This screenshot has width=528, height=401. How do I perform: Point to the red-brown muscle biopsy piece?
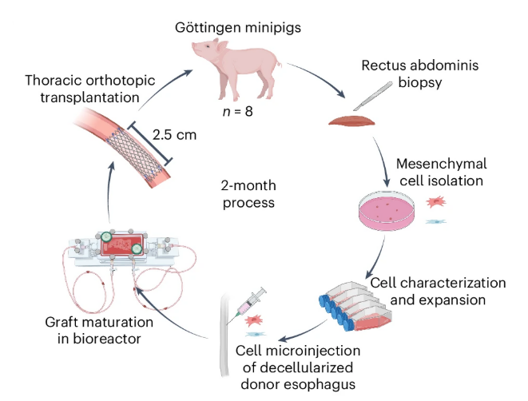(351, 121)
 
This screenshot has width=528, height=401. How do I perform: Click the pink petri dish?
(387, 212)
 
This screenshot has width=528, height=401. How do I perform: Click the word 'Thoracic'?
(50, 80)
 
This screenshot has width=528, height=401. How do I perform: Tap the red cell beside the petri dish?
(437, 202)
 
